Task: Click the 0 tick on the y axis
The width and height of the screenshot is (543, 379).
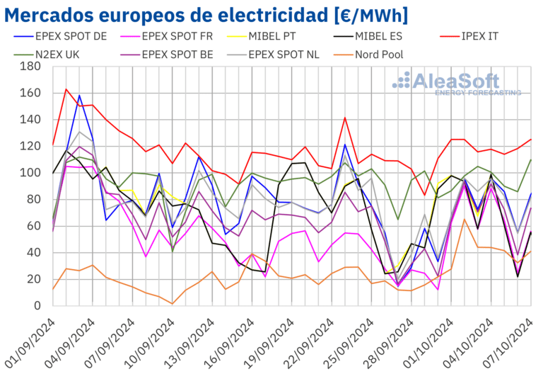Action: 36,306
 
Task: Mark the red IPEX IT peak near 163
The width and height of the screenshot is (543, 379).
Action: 66,89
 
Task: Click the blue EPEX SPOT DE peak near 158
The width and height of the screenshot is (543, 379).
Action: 79,95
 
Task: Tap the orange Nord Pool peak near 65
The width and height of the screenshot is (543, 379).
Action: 464,219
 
